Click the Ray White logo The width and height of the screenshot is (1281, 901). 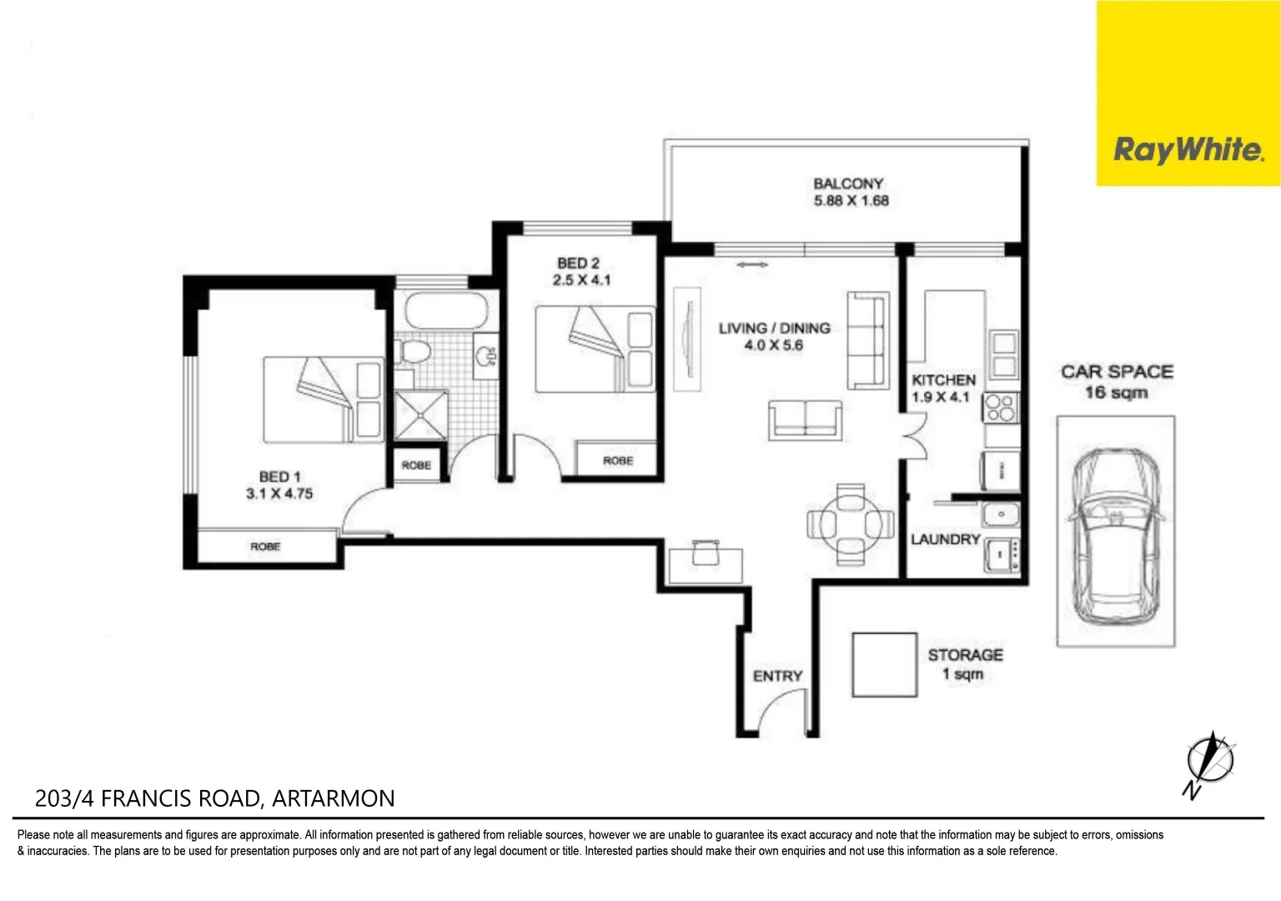click(x=1188, y=150)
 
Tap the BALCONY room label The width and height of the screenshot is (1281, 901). click(x=848, y=184)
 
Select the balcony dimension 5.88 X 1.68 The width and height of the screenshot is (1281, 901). click(x=851, y=201)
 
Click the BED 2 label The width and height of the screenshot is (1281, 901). click(x=579, y=264)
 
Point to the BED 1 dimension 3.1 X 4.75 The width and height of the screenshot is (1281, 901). click(x=279, y=494)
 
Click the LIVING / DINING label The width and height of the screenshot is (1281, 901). click(x=775, y=329)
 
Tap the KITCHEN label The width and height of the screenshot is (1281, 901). click(x=943, y=380)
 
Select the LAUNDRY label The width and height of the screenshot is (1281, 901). click(x=946, y=540)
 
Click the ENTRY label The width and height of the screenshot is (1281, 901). click(x=777, y=676)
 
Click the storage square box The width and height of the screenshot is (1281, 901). click(x=884, y=665)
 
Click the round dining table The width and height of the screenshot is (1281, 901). click(x=850, y=524)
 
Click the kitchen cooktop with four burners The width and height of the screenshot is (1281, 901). click(x=1001, y=408)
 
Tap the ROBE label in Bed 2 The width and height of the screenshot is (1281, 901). click(x=618, y=461)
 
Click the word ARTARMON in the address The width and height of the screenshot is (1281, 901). click(x=334, y=798)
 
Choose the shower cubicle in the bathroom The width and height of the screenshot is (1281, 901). click(x=420, y=415)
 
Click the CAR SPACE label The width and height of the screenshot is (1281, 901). click(x=1117, y=372)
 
